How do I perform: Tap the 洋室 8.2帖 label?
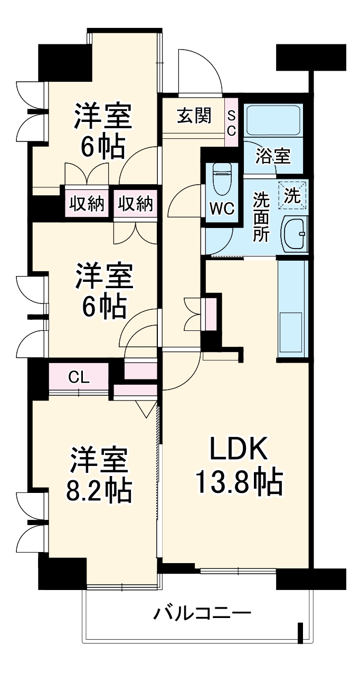pyautogui.click(x=99, y=475)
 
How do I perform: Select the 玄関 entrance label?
pyautogui.click(x=194, y=115)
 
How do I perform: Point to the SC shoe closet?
pyautogui.click(x=232, y=122)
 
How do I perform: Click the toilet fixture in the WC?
pyautogui.click(x=221, y=177)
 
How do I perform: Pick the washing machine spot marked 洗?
pyautogui.click(x=292, y=195)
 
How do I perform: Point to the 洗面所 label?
pyautogui.click(x=260, y=217)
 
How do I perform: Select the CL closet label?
pyautogui.click(x=79, y=377)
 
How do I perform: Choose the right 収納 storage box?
pyautogui.click(x=136, y=203)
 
